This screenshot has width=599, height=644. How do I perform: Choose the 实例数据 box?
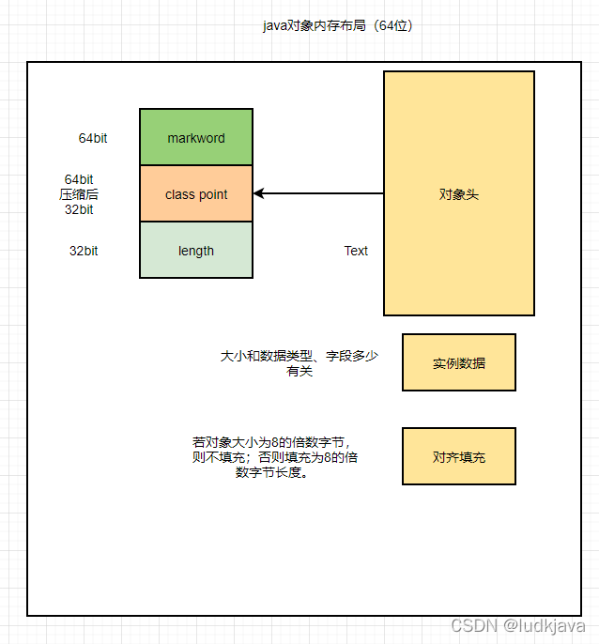[458, 362]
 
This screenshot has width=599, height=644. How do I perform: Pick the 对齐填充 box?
[458, 456]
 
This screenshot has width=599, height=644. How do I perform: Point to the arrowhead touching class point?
[258, 193]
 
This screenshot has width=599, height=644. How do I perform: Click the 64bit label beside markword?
[93, 138]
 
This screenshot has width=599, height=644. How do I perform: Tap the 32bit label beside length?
[84, 251]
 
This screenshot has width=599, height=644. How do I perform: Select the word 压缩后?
[79, 194]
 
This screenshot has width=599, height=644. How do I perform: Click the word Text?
[356, 251]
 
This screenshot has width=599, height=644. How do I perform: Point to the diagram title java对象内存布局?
[338, 25]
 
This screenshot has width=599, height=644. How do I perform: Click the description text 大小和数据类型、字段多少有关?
[299, 363]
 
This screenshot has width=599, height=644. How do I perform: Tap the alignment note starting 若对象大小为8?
[274, 456]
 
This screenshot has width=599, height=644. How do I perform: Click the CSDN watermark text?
[473, 625]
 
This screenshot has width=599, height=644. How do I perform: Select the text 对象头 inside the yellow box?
[458, 194]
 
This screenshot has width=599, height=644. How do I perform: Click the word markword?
[196, 138]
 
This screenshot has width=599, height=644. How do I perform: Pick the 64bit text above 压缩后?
[79, 179]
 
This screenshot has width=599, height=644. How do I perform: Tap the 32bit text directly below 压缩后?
[79, 209]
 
